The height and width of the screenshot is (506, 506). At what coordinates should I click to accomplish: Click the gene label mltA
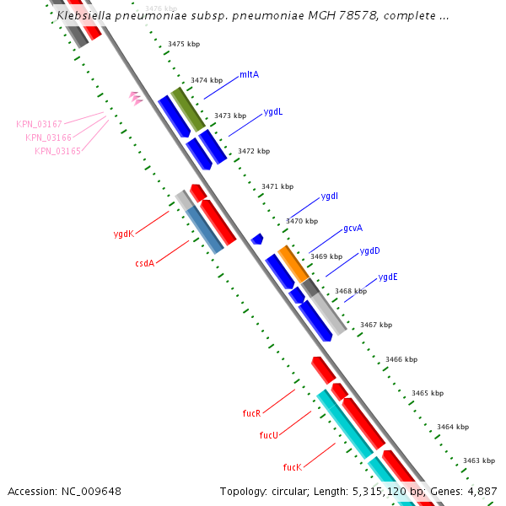click(x=249, y=74)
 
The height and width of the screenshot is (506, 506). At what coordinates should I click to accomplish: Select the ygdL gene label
click(x=273, y=111)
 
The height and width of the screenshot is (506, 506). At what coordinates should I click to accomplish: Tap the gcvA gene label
click(x=353, y=229)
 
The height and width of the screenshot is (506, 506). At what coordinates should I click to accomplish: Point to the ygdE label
click(x=388, y=277)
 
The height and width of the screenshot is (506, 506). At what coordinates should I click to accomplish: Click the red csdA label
click(x=144, y=264)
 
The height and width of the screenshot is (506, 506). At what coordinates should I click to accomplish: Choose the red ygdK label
click(x=124, y=234)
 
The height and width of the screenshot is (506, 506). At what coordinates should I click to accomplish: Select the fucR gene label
click(x=251, y=413)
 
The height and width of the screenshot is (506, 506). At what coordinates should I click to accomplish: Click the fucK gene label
click(x=292, y=466)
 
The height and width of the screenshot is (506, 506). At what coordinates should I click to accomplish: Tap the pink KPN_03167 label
click(x=39, y=124)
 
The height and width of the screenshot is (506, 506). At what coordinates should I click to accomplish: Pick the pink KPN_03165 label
click(x=57, y=151)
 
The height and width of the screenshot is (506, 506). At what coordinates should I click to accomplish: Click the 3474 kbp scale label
click(x=207, y=80)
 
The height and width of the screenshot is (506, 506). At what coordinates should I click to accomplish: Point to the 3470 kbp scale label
click(x=302, y=221)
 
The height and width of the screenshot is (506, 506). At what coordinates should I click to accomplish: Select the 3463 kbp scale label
click(x=478, y=460)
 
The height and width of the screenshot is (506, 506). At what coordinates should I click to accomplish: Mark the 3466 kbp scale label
click(x=401, y=359)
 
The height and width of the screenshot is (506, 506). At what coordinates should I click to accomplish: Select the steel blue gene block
click(x=205, y=229)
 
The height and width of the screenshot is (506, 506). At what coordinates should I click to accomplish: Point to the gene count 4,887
click(x=482, y=491)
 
